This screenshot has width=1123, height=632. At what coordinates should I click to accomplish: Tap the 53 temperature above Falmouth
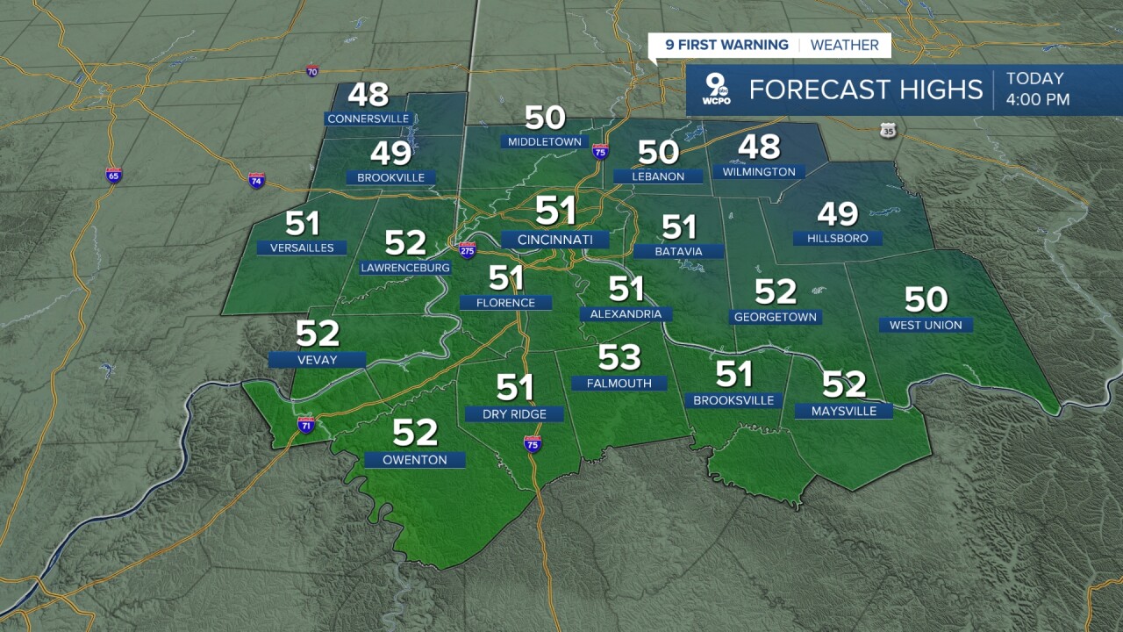[x=619, y=357]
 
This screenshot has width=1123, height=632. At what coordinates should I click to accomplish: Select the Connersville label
[x=368, y=118]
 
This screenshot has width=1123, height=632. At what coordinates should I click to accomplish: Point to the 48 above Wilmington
[x=759, y=147]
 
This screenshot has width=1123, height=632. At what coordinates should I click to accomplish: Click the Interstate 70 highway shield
[x=313, y=71]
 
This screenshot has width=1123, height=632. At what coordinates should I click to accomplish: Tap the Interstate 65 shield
[x=113, y=175]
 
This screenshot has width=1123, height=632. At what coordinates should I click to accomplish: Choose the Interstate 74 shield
[x=256, y=180]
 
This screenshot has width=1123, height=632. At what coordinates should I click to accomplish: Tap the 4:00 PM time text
[x=1038, y=100]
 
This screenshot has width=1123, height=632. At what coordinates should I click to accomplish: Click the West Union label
[x=926, y=325]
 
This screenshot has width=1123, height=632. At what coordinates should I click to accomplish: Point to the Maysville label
[x=843, y=411]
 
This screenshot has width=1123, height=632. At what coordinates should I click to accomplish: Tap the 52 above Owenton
[x=415, y=433]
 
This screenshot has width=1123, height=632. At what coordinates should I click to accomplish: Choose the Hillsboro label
[x=837, y=238]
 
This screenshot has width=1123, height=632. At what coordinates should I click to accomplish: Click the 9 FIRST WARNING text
[x=726, y=46]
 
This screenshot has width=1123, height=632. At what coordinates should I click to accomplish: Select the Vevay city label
[x=317, y=359]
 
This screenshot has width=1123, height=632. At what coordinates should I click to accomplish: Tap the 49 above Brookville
[x=390, y=154]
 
